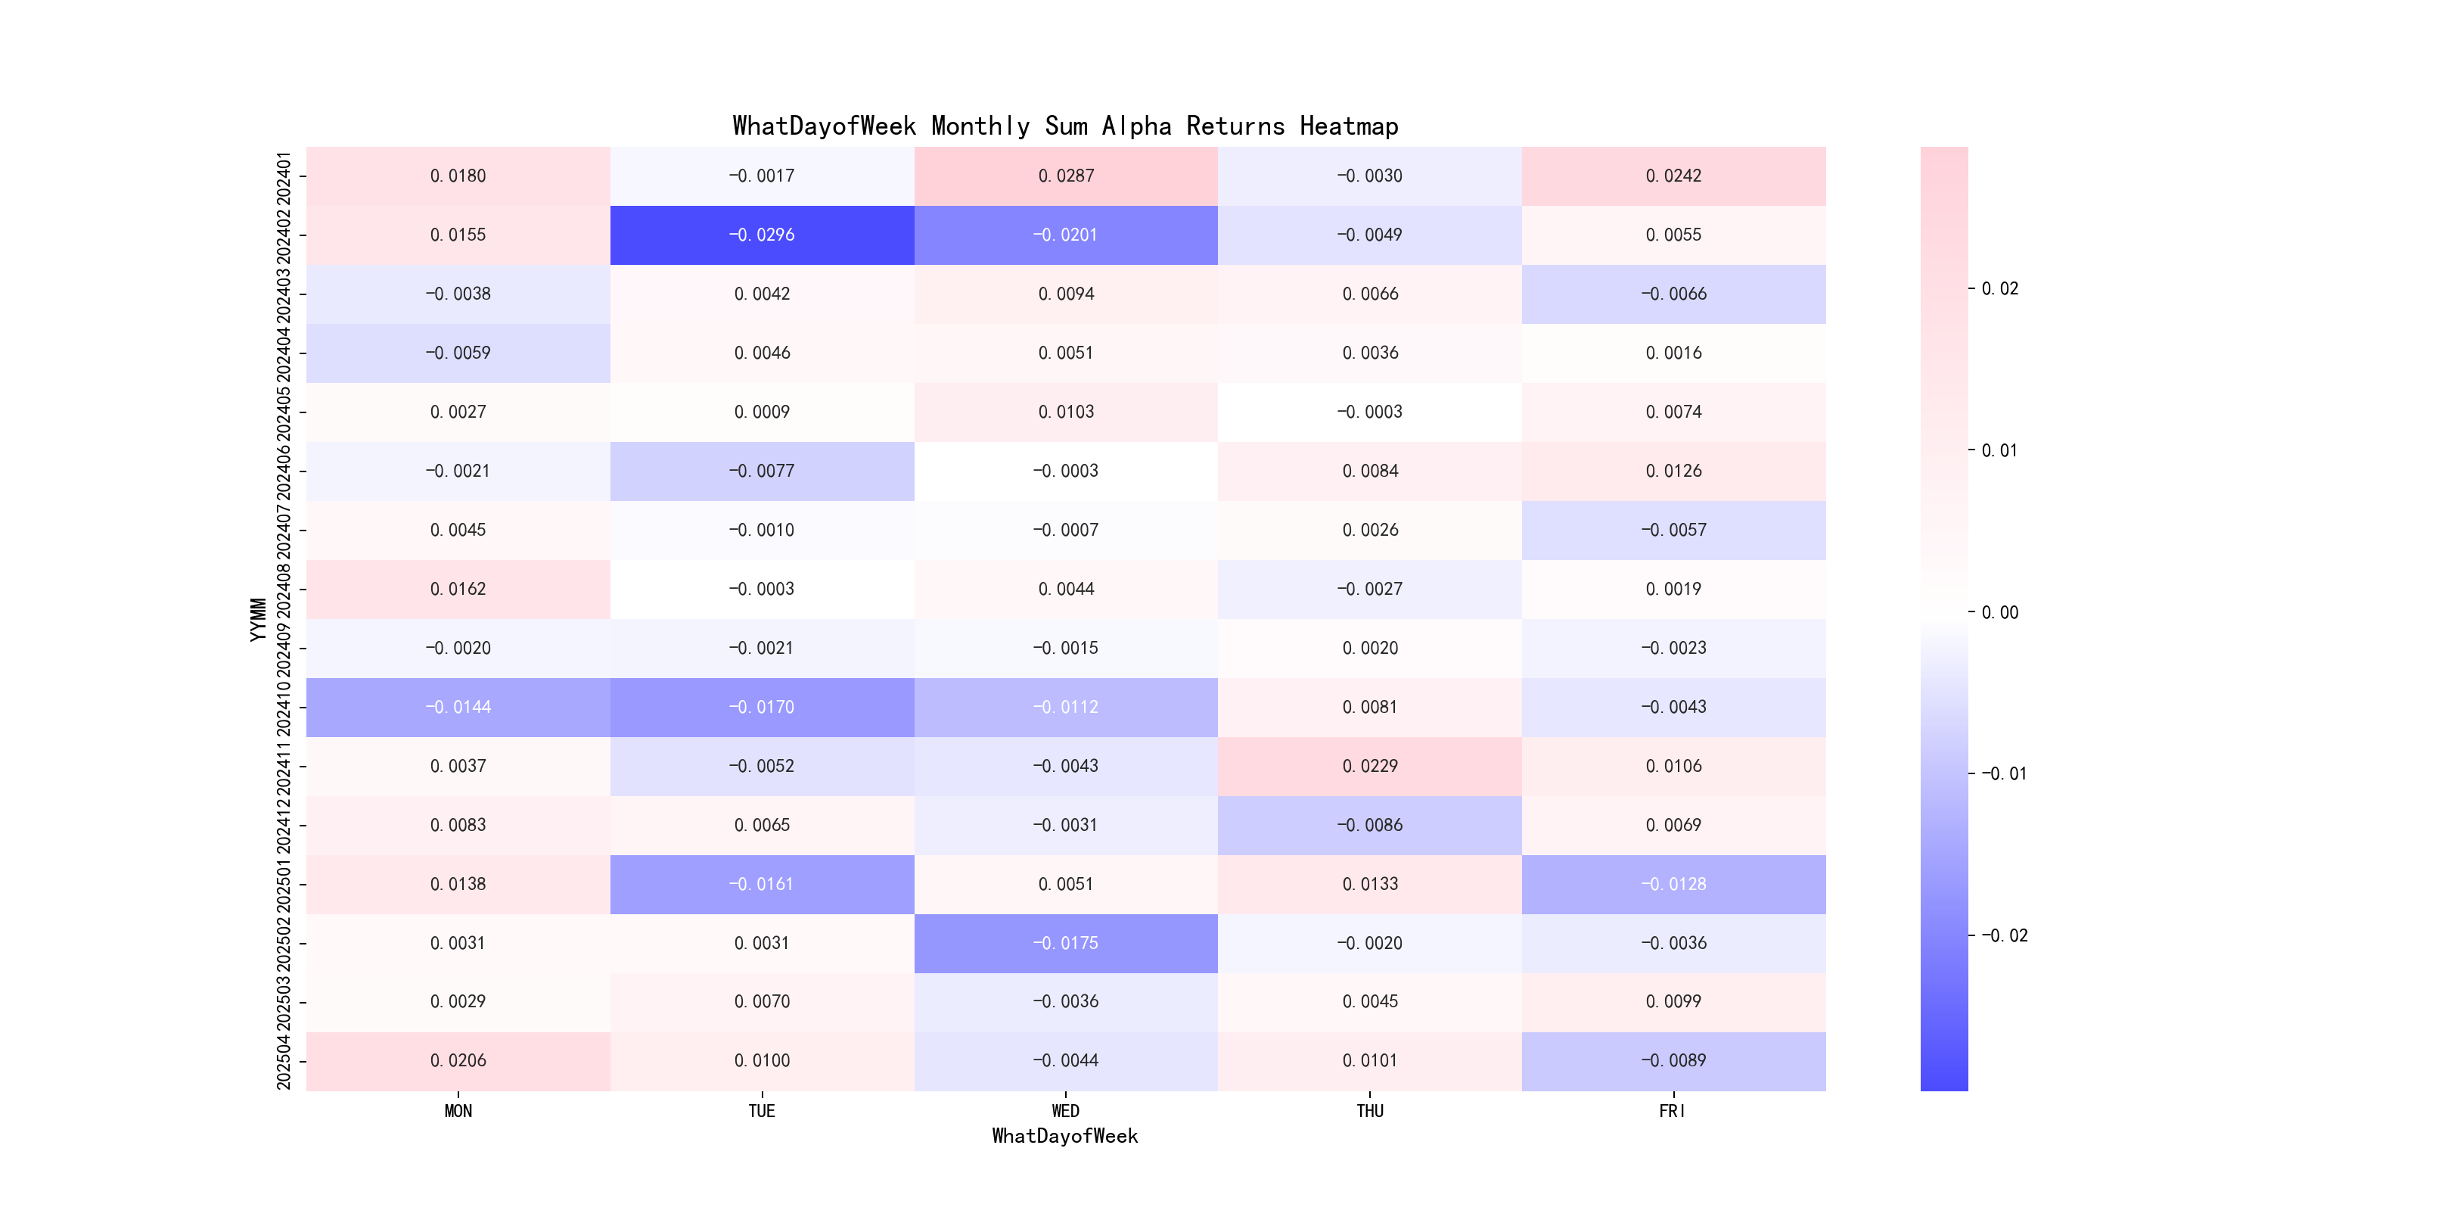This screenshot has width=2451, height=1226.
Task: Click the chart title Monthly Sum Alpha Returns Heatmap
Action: tap(1064, 126)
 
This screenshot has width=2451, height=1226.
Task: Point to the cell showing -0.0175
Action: tap(1066, 943)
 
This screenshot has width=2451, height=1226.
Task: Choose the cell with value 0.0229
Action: tap(1369, 766)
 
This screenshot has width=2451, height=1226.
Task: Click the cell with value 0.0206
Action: tap(458, 1060)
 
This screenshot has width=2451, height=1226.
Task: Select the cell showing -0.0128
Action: tap(1673, 884)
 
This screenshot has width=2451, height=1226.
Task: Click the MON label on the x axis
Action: tap(458, 1111)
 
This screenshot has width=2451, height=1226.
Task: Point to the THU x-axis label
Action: tap(1369, 1111)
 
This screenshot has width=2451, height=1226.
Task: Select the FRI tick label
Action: tap(1673, 1111)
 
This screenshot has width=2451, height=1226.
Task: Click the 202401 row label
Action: tap(284, 176)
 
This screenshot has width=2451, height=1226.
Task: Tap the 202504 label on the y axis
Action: tap(284, 1060)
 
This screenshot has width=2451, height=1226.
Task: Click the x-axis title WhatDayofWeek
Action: tap(1064, 1136)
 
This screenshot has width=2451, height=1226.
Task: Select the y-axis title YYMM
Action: tap(258, 619)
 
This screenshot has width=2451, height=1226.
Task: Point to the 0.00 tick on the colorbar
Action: tap(1999, 612)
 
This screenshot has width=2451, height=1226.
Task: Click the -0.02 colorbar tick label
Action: tap(2003, 935)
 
